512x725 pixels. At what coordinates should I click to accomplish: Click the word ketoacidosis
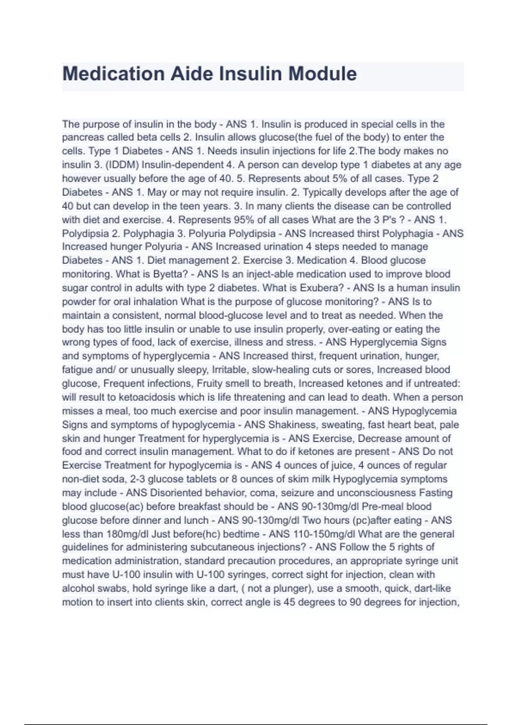point(147,397)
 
